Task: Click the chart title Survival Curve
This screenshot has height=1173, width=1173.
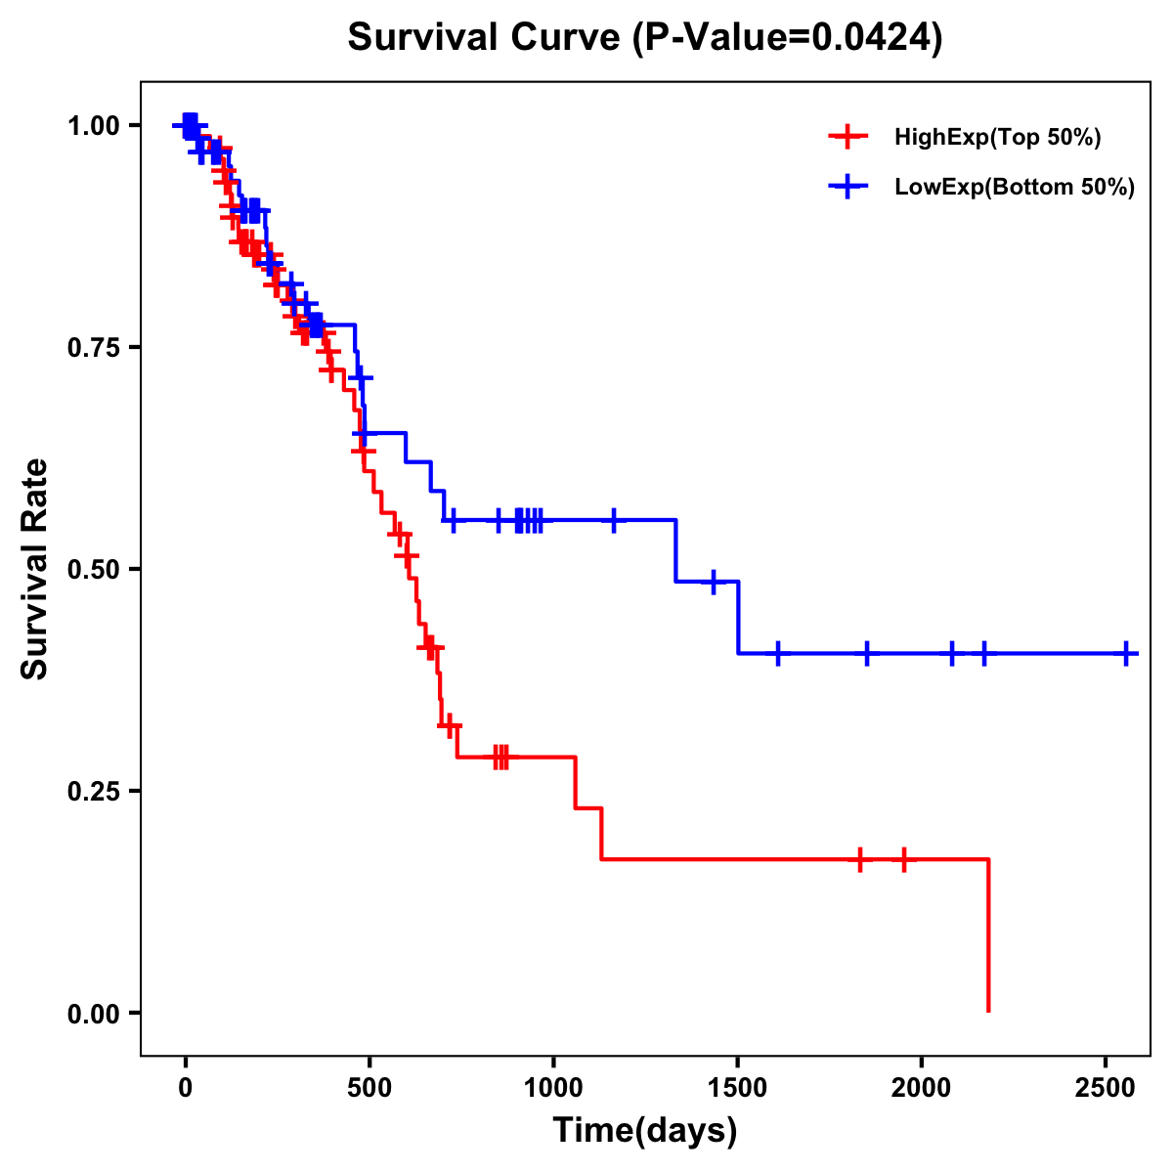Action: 484,38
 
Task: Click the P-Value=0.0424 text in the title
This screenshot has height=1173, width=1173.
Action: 788,38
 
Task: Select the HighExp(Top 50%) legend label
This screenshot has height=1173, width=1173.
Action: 997,138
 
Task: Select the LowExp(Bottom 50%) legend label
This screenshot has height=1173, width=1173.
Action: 1015,188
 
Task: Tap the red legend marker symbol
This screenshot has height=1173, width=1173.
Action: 847,137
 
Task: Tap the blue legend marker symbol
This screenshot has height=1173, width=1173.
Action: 847,188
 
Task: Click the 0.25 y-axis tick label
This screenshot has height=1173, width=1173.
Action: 94,792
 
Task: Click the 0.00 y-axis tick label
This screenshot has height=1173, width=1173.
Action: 94,1014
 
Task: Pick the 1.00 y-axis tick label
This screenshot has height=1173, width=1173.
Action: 94,126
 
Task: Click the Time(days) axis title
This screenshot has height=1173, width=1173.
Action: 645,1131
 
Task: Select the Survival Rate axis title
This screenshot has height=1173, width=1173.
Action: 36,569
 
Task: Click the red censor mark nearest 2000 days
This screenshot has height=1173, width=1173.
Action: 904,859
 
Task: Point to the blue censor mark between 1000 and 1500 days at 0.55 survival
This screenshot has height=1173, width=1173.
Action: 614,520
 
